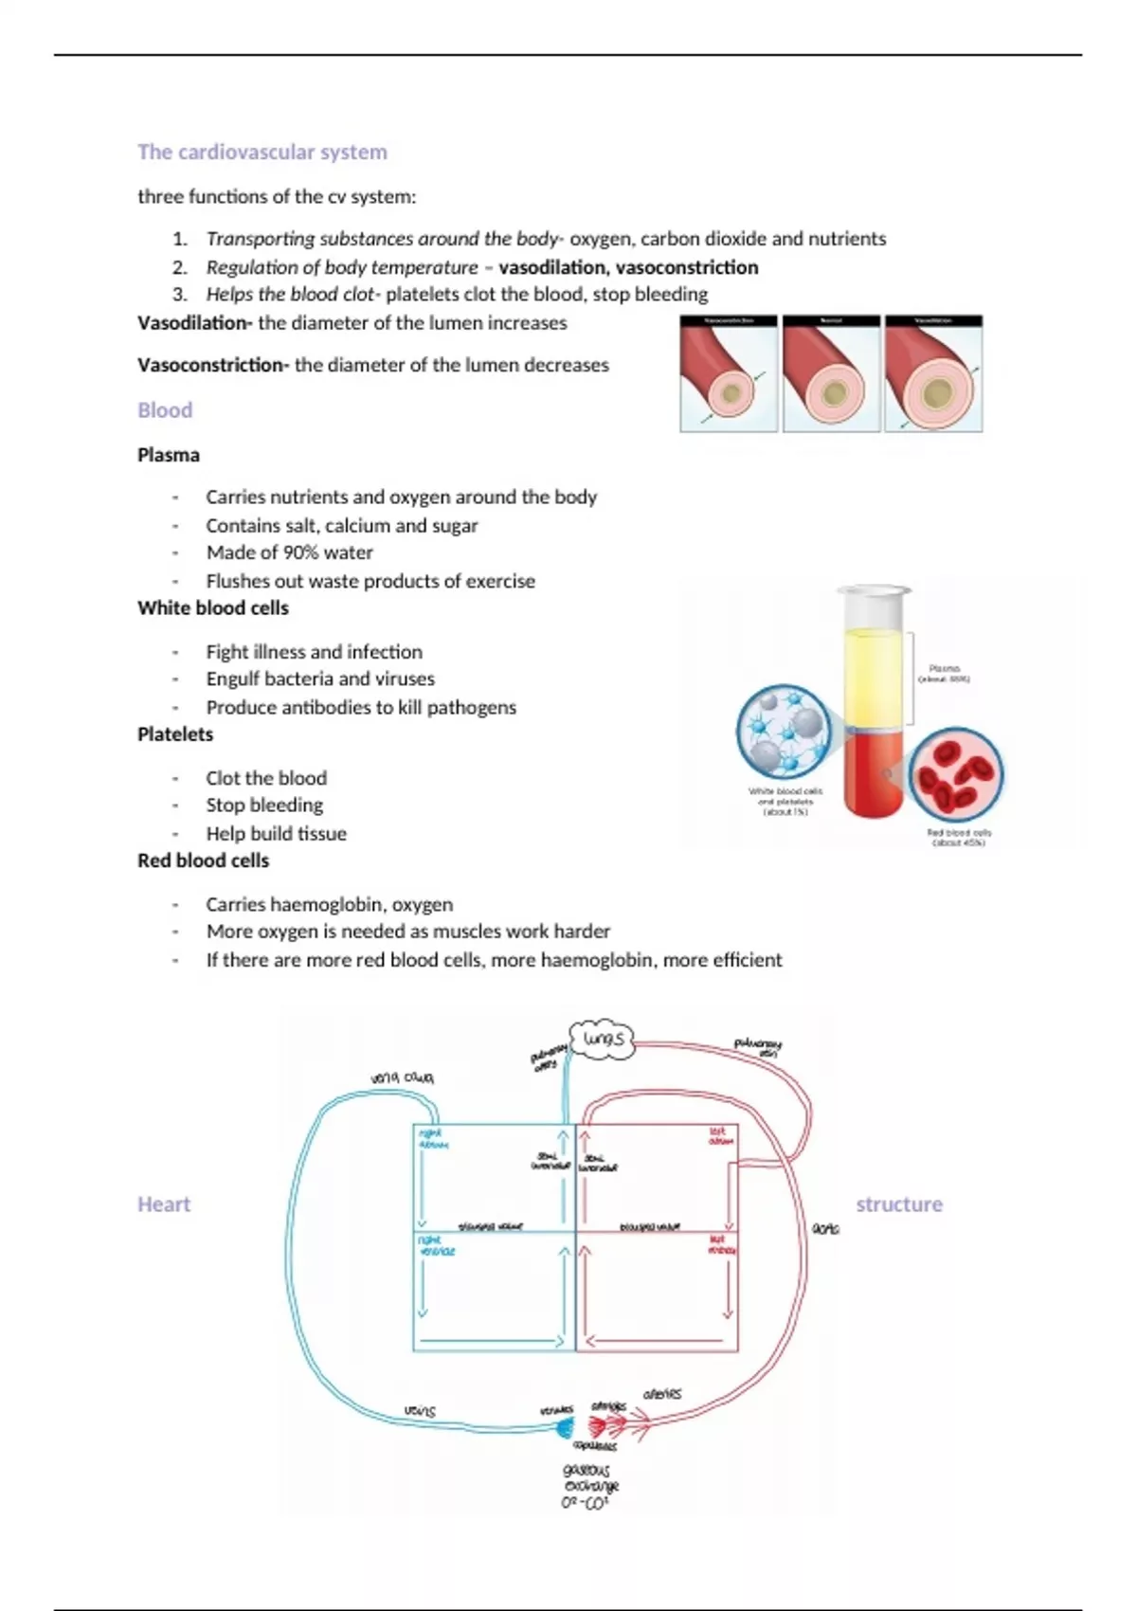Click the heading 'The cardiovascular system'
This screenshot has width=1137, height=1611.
pos(262,152)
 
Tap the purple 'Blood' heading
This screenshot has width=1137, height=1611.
pos(165,410)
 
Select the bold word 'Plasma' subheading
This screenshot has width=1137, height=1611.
pos(169,455)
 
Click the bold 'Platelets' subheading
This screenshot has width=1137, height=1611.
pos(175,734)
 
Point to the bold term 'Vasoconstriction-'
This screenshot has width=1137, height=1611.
pos(213,365)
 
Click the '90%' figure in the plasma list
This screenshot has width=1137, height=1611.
pos(304,552)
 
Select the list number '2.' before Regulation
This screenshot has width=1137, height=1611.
pos(180,267)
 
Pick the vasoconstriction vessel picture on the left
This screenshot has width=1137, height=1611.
pos(729,374)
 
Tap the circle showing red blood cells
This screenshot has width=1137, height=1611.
pos(955,774)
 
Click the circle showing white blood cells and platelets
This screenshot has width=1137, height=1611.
pos(785,733)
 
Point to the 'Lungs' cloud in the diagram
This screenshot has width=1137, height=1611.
pos(604,1040)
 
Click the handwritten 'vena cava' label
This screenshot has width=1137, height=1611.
pos(402,1077)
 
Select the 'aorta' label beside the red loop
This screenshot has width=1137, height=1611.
pos(825,1229)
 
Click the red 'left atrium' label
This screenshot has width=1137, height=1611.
pos(721,1136)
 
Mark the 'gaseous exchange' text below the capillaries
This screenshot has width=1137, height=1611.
pos(589,1479)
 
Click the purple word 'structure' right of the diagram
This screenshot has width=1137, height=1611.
pos(899,1204)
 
